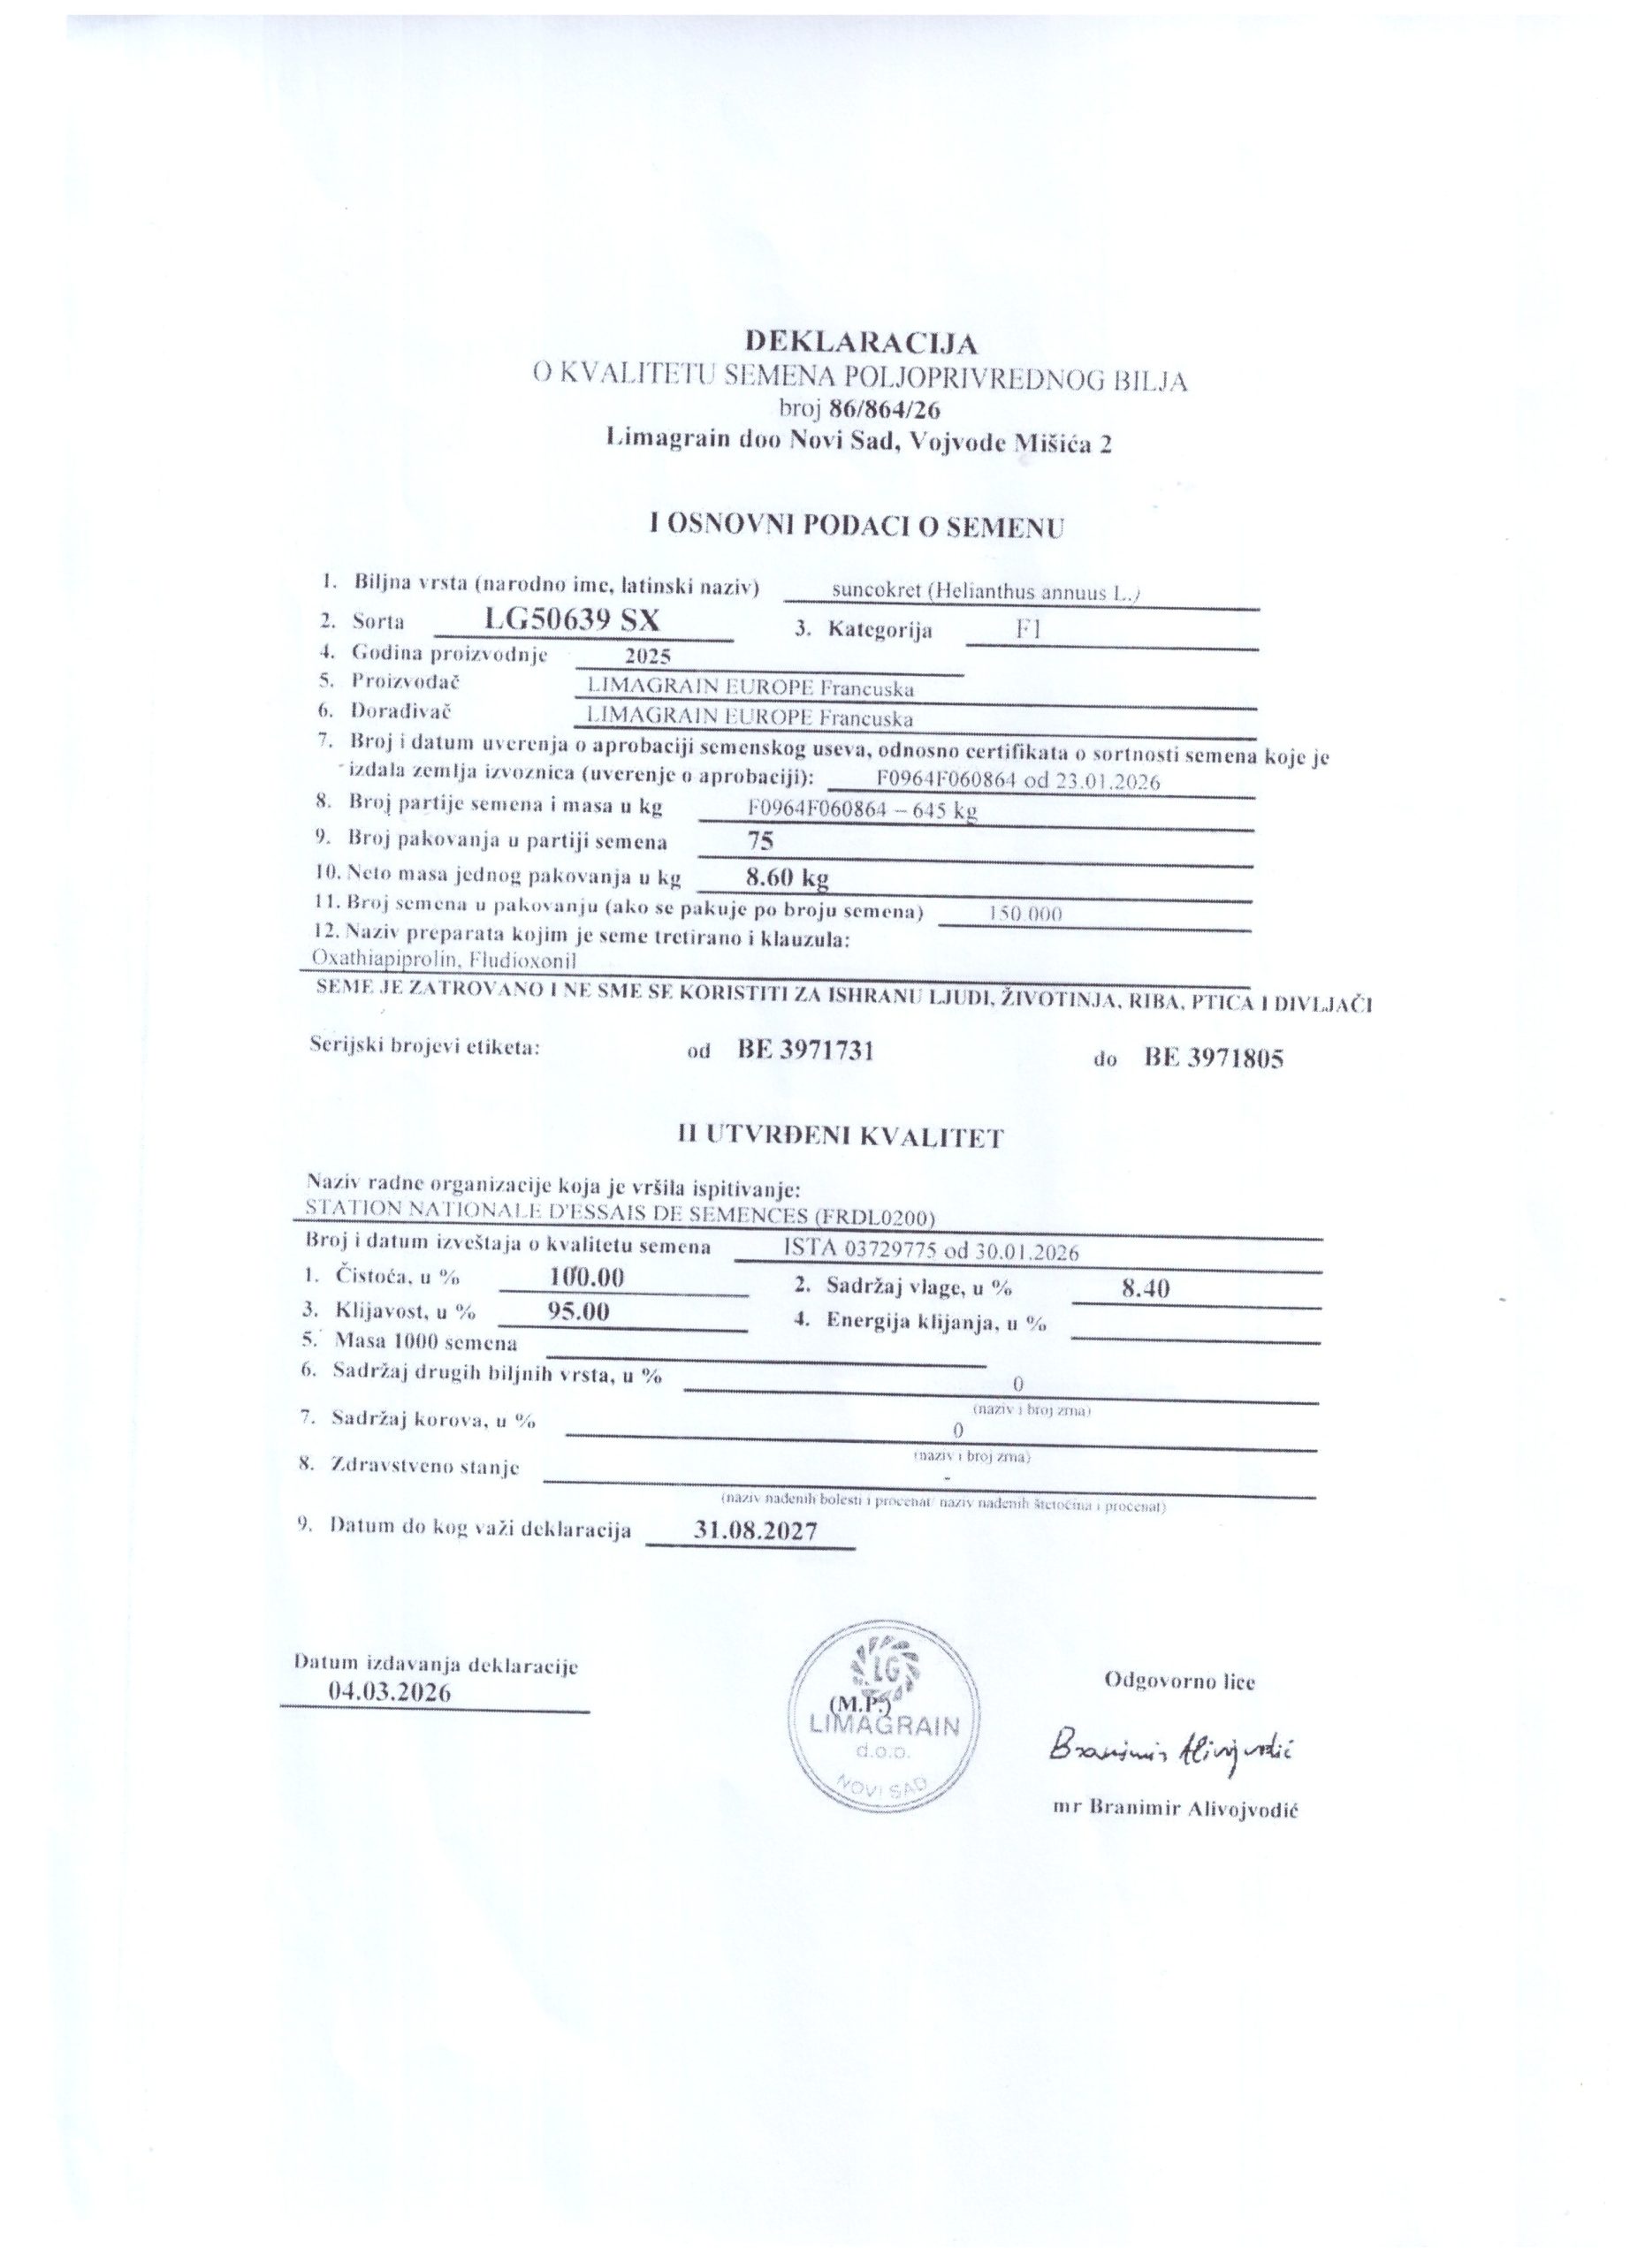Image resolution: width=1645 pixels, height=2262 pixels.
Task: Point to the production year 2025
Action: pos(645,657)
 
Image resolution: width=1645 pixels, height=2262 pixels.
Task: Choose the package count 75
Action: pos(760,841)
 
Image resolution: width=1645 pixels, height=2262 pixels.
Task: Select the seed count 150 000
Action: pos(1024,914)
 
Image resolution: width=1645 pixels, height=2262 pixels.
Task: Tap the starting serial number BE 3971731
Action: pos(805,1049)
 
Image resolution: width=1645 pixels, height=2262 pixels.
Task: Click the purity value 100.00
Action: pos(587,1277)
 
